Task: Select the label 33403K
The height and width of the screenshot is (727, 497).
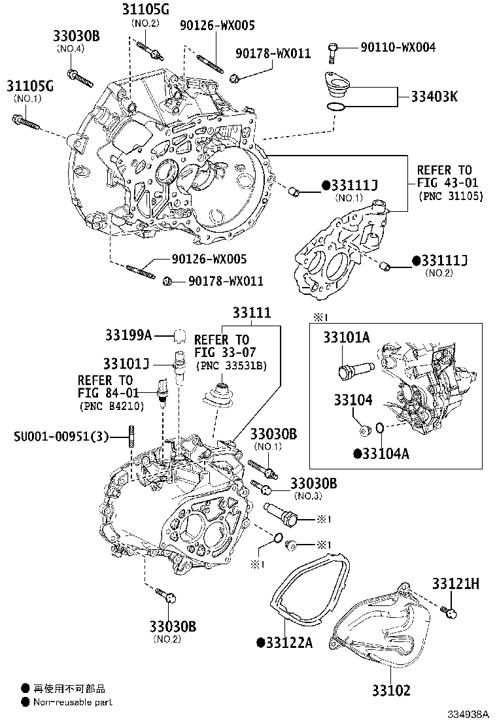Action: pos(434,97)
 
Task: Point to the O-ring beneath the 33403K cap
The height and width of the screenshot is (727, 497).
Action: pos(334,106)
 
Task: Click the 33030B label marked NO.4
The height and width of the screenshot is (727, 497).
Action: pos(76,37)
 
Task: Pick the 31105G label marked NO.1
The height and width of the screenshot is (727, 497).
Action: pos(30,86)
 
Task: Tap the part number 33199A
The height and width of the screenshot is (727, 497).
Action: pos(128,335)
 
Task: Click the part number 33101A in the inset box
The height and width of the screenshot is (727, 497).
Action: pos(346,337)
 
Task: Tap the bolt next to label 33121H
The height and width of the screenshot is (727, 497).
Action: pos(449,611)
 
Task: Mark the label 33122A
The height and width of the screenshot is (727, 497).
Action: pos(288,643)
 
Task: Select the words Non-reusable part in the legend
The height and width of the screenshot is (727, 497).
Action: pos(73,702)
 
